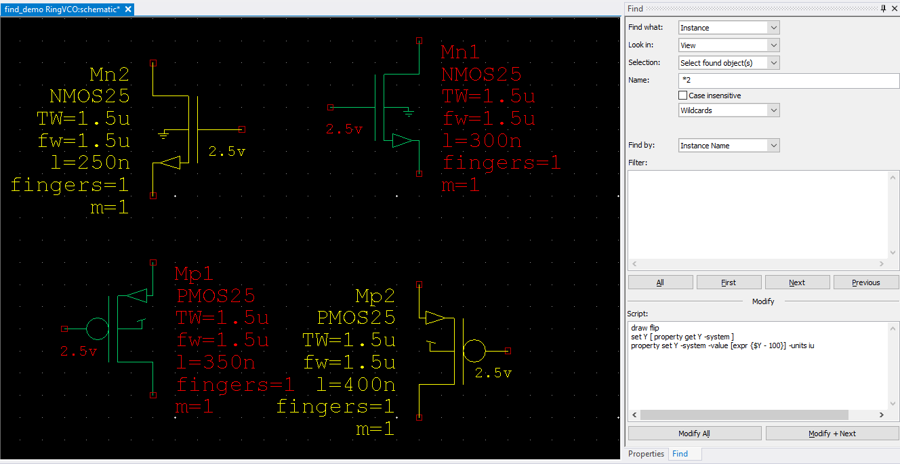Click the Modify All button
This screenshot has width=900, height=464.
pyautogui.click(x=694, y=434)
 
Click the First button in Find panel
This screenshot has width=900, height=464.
pyautogui.click(x=729, y=282)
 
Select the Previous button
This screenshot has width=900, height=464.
pyautogui.click(x=866, y=282)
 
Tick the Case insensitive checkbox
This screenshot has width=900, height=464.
pyautogui.click(x=682, y=96)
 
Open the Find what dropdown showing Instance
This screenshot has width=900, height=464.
pyautogui.click(x=729, y=28)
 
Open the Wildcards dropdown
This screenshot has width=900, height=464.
pyautogui.click(x=729, y=110)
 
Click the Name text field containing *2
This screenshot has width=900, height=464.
pyautogui.click(x=788, y=81)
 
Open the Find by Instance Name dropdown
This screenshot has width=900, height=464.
pyautogui.click(x=729, y=146)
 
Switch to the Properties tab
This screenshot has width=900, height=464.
pyautogui.click(x=646, y=454)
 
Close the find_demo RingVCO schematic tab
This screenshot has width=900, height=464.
pyautogui.click(x=128, y=9)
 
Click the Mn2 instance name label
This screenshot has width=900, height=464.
pyautogui.click(x=109, y=75)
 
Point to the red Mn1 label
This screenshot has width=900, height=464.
pyautogui.click(x=460, y=52)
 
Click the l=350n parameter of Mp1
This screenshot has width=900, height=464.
pyautogui.click(x=216, y=362)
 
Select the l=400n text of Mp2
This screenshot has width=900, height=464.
pyautogui.click(x=356, y=385)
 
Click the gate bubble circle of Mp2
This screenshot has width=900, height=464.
pyautogui.click(x=474, y=351)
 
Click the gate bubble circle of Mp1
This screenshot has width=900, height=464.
pyautogui.click(x=98, y=329)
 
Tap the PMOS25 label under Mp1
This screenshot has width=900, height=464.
pyautogui.click(x=216, y=296)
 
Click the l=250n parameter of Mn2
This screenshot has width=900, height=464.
pyautogui.click(x=90, y=163)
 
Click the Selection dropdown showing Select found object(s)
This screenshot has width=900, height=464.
pyautogui.click(x=729, y=63)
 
